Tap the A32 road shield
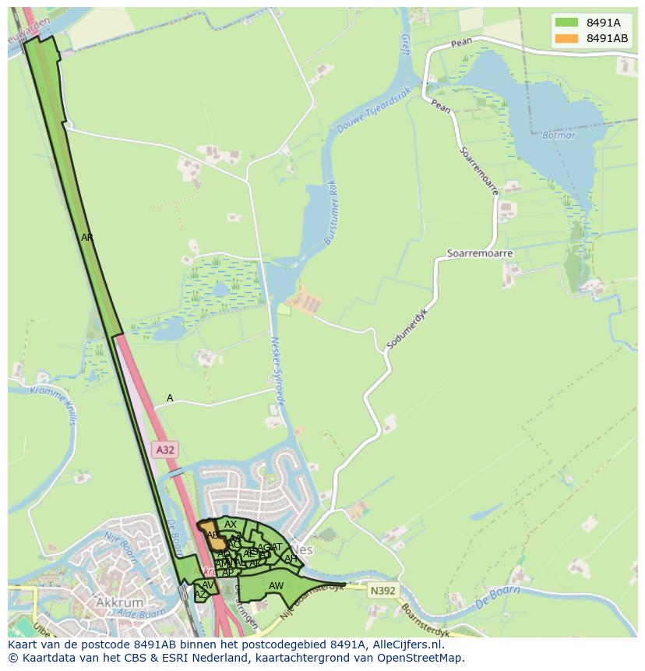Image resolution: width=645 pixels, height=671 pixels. tap(165, 450)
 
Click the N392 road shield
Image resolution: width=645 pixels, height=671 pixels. tap(382, 591)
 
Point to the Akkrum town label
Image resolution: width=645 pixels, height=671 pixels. tap(119, 602)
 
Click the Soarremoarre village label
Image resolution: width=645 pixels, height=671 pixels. tap(480, 254)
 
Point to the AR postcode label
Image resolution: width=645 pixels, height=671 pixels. tap(87, 238)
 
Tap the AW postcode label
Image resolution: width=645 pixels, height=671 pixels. tap(276, 586)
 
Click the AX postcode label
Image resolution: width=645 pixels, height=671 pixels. tap(231, 524)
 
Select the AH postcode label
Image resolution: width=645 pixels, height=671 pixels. tap(291, 559)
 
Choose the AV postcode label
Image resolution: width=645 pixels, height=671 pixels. tap(207, 584)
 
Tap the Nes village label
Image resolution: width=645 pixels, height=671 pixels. tap(303, 549)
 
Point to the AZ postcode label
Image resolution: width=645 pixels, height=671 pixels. tap(200, 595)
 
